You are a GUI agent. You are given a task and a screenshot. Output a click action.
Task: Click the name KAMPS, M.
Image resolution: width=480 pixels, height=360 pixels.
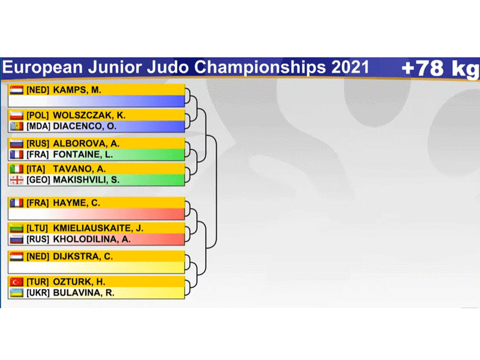coord(77,90)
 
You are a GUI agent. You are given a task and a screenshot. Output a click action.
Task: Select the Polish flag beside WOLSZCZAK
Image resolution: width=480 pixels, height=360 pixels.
coord(17,115)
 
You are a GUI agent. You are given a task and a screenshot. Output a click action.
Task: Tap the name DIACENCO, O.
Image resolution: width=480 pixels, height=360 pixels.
coord(85,126)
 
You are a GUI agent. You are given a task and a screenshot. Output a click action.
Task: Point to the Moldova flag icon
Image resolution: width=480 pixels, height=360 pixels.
coord(17,126)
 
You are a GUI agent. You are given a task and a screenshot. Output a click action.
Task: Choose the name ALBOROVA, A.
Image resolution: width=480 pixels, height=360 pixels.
coord(86,143)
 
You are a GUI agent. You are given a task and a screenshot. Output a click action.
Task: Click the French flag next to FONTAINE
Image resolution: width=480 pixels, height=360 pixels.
coord(17,155)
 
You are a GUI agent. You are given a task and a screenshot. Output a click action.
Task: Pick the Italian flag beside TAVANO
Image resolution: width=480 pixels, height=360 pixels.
coord(17,169)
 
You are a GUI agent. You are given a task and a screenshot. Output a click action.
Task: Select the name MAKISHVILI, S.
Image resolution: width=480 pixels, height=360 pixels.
coord(86,179)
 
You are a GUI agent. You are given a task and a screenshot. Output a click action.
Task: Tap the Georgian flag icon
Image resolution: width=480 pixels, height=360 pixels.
coord(17,180)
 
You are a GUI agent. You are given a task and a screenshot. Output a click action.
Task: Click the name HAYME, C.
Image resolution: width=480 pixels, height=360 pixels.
coord(77,203)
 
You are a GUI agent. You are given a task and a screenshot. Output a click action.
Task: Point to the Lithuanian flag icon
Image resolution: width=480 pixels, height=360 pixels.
coord(17,229)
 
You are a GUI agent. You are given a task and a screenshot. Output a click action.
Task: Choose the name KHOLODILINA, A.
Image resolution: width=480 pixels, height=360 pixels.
coord(92,239)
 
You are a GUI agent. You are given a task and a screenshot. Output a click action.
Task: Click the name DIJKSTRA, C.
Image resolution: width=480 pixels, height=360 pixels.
coord(83,257)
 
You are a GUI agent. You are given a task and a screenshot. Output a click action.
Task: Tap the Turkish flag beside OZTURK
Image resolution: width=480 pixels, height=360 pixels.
coord(17,282)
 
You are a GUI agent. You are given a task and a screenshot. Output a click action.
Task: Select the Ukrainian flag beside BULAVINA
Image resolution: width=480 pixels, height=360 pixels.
coord(17,293)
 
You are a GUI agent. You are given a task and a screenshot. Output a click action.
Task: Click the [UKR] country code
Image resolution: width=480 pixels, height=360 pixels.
coord(38,293)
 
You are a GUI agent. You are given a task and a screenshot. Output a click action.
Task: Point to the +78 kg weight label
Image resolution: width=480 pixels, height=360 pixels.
coord(440,68)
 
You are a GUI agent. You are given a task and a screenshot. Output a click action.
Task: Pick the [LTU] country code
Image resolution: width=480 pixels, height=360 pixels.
coord(37,229)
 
